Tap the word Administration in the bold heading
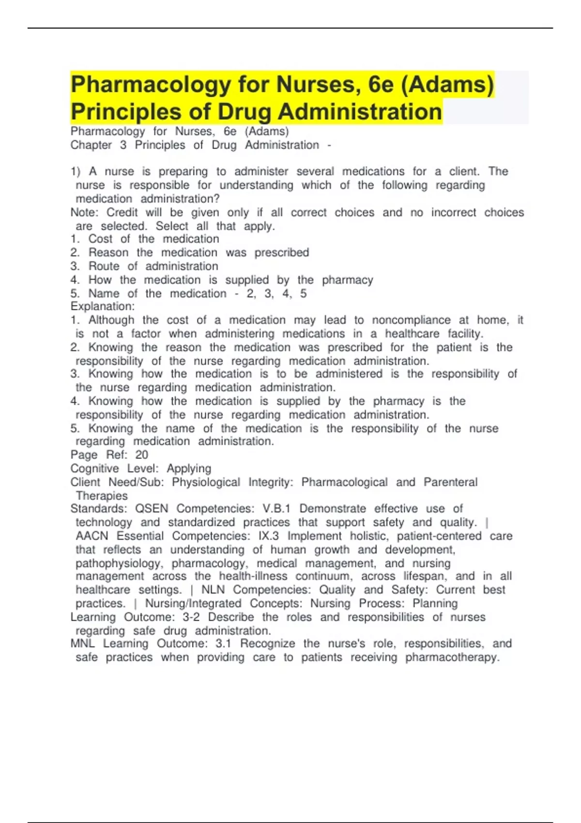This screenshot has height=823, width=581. pyautogui.click(x=360, y=112)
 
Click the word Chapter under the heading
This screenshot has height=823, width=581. pyautogui.click(x=91, y=145)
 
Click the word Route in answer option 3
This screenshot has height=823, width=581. pyautogui.click(x=104, y=266)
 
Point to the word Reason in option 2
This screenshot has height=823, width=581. pyautogui.click(x=108, y=253)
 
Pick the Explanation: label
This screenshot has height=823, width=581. pyautogui.click(x=103, y=306)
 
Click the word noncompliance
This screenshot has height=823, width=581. pyautogui.click(x=411, y=320)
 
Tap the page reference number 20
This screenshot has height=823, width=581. pyautogui.click(x=142, y=455)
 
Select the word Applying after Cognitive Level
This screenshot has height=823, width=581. pyautogui.click(x=189, y=469)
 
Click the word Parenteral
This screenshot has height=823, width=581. pyautogui.click(x=450, y=482)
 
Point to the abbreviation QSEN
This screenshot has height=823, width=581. pyautogui.click(x=152, y=509)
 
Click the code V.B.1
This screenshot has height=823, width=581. pyautogui.click(x=276, y=509)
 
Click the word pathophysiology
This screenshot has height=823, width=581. pyautogui.click(x=119, y=564)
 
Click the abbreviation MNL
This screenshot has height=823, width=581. pyautogui.click(x=83, y=644)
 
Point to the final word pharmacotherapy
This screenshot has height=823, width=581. pyautogui.click(x=452, y=657)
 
